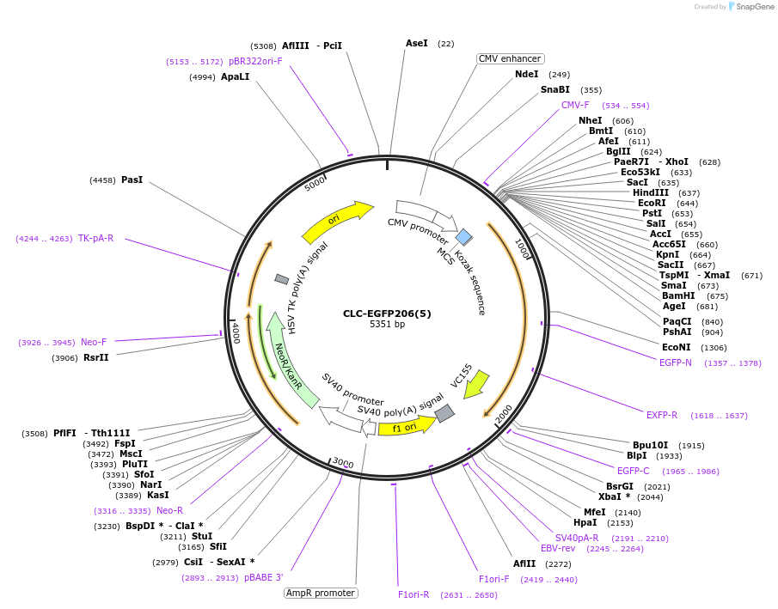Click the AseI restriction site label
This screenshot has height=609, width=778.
[416, 43]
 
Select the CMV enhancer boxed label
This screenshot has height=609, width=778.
[510, 58]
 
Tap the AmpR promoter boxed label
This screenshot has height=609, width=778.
[321, 593]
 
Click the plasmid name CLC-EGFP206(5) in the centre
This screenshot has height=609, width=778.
[387, 314]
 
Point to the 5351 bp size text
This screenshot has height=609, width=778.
[387, 325]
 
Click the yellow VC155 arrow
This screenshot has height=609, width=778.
[475, 384]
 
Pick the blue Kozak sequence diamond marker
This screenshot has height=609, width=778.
[463, 236]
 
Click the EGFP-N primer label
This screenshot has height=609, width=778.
[676, 362]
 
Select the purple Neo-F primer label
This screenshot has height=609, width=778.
[94, 342]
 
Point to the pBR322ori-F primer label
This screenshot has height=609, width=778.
[255, 61]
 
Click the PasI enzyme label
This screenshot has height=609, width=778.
[132, 180]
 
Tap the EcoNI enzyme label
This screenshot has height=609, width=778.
[676, 347]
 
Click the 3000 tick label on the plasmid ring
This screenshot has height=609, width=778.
[343, 463]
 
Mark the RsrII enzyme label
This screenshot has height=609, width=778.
[95, 357]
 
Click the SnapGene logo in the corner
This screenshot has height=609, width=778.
[750, 7]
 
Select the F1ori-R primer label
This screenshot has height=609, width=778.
[414, 594]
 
